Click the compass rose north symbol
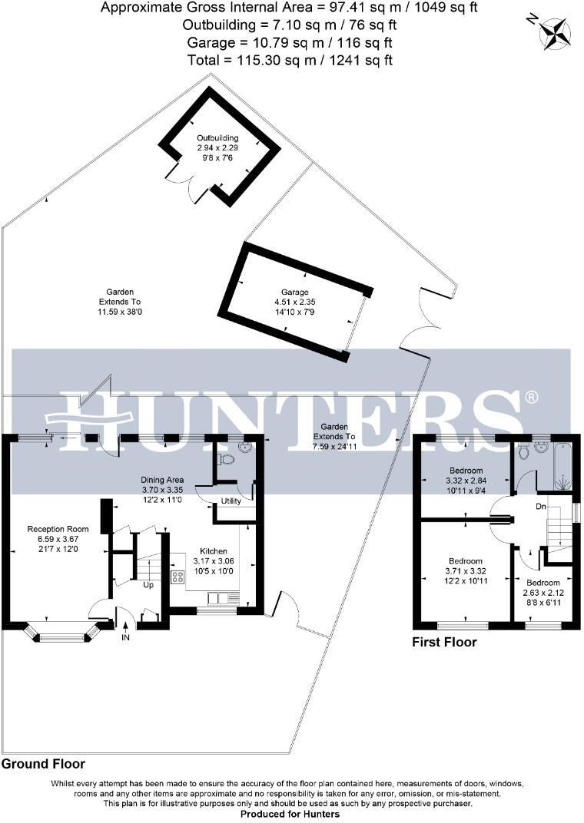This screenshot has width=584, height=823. point(554,31)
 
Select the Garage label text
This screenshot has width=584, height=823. point(294,293)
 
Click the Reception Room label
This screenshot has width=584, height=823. point(58,529)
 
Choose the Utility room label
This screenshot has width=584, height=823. point(231,501)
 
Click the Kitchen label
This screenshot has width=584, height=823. point(213,551)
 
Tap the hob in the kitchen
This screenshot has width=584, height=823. point(178,578)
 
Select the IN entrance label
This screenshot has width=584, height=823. point(125,636)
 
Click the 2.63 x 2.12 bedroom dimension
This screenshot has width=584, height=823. point(542,593)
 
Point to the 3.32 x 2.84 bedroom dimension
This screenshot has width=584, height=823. point(466,481)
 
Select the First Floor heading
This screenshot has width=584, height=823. point(444,642)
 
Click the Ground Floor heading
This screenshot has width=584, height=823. point(43,764)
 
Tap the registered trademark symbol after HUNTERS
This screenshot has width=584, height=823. point(531,397)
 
